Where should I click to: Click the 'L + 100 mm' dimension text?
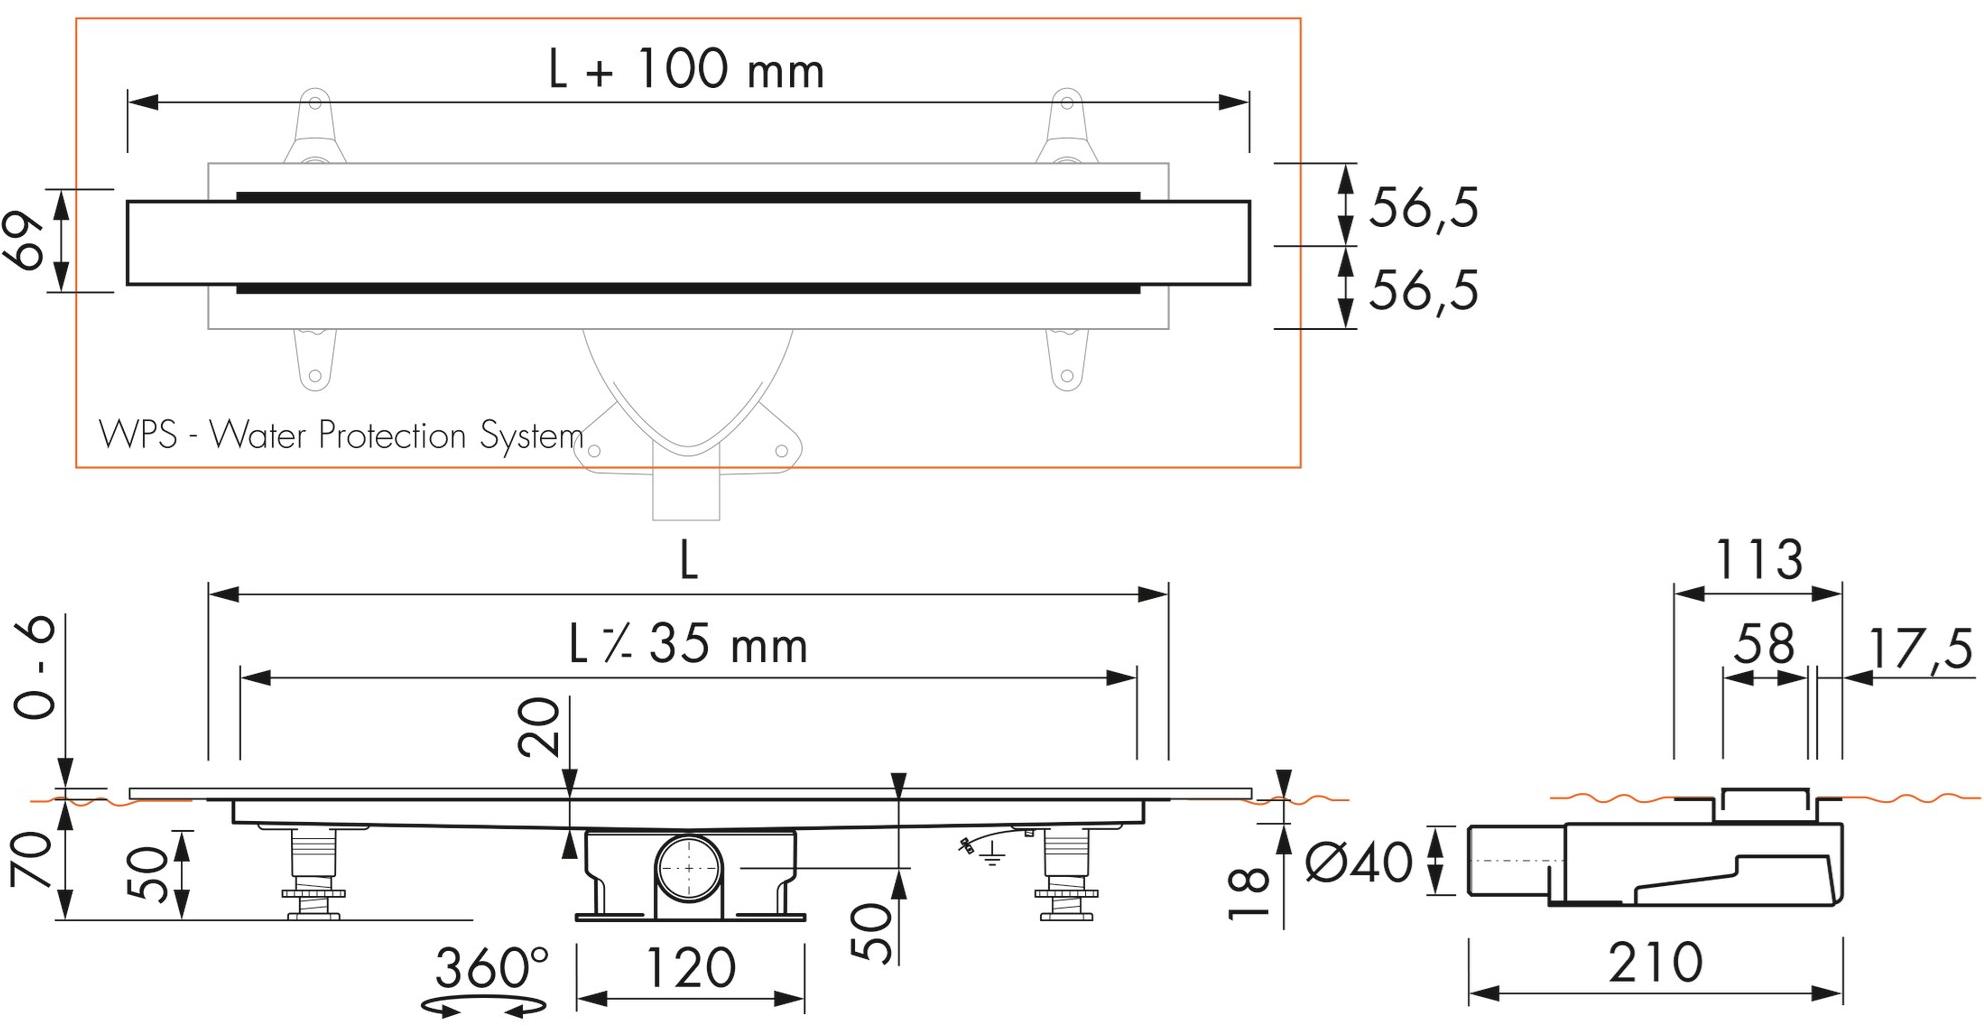[687, 71]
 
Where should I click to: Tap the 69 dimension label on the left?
[28, 241]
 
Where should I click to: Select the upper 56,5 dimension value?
[1422, 208]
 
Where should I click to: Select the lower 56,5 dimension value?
[1422, 291]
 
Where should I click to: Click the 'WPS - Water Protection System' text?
[341, 436]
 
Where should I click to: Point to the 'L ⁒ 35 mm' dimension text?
[688, 645]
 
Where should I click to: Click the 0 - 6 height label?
[35, 667]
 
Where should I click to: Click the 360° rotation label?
[491, 967]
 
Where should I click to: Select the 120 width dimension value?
[691, 967]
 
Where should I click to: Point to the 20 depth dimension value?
[540, 727]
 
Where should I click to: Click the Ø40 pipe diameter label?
[1359, 863]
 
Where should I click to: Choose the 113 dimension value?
[1759, 560]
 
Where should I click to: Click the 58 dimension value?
[1764, 645]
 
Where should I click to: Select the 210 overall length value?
[1655, 962]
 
